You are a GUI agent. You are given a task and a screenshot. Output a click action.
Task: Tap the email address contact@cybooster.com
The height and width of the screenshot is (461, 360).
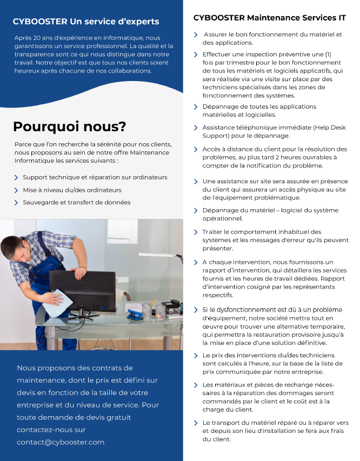click(61, 442)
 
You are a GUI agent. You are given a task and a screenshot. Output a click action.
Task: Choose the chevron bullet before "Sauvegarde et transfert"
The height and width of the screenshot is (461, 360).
click(16, 203)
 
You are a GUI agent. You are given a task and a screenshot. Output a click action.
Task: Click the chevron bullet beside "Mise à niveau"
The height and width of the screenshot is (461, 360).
click(16, 190)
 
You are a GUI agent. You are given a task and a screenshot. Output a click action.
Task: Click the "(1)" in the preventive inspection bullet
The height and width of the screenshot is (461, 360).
click(328, 55)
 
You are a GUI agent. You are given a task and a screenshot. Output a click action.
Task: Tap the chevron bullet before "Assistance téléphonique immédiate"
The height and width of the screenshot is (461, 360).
click(196, 128)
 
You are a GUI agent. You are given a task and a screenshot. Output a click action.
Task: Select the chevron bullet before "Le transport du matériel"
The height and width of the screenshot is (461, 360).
click(196, 423)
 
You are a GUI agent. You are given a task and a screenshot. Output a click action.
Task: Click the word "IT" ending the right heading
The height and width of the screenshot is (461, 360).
click(342, 18)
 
